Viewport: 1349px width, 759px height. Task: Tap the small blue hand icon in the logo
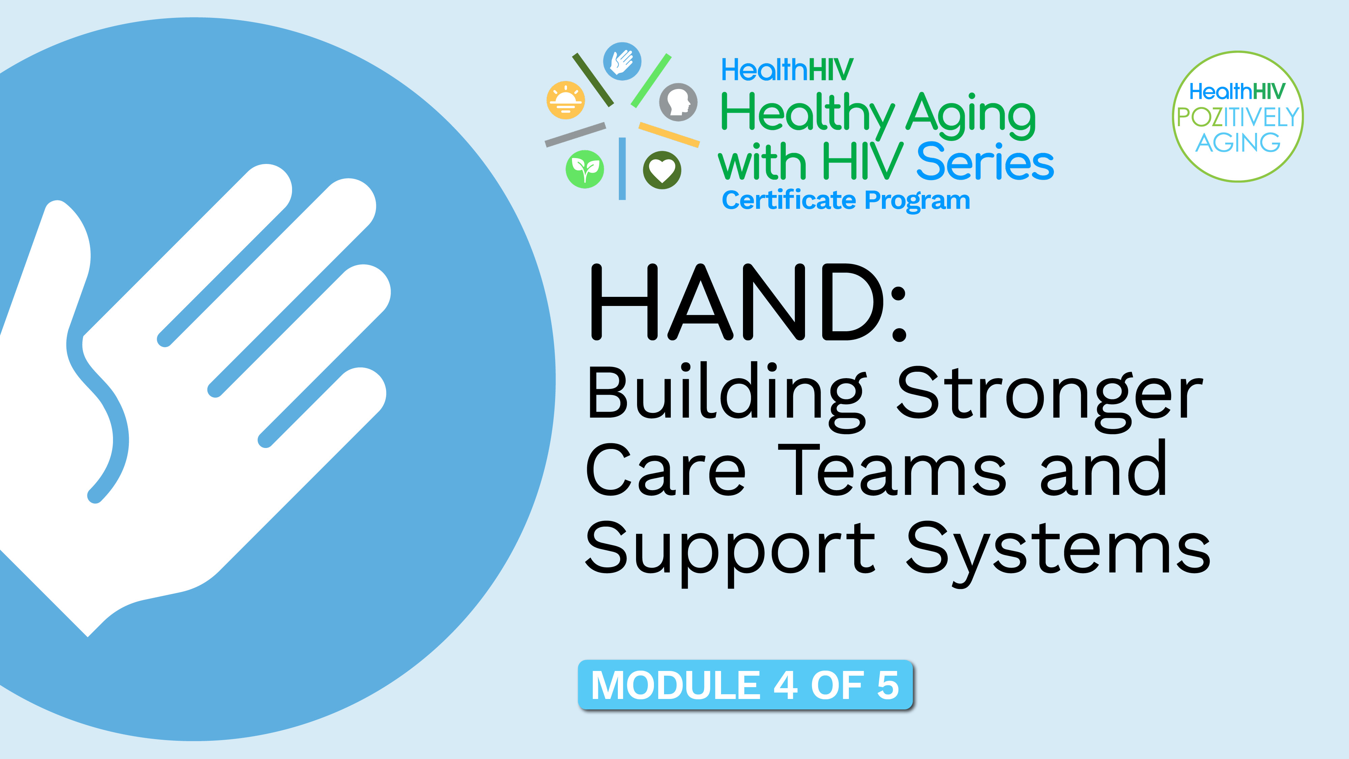622,61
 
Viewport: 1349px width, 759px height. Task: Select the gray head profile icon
678,102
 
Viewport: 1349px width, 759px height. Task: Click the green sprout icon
585,169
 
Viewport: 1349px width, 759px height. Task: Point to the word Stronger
1050,398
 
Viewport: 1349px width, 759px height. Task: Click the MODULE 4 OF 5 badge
745,685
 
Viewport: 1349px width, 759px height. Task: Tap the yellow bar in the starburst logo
669,135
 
